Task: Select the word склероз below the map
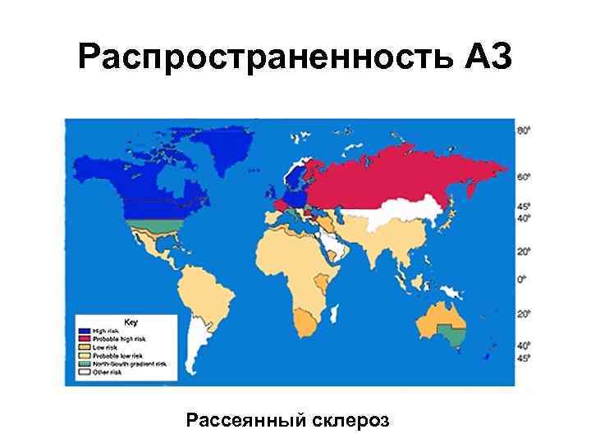(350, 421)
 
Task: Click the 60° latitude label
(523, 176)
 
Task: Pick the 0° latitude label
(522, 280)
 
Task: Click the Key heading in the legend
(130, 319)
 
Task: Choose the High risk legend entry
(106, 329)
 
